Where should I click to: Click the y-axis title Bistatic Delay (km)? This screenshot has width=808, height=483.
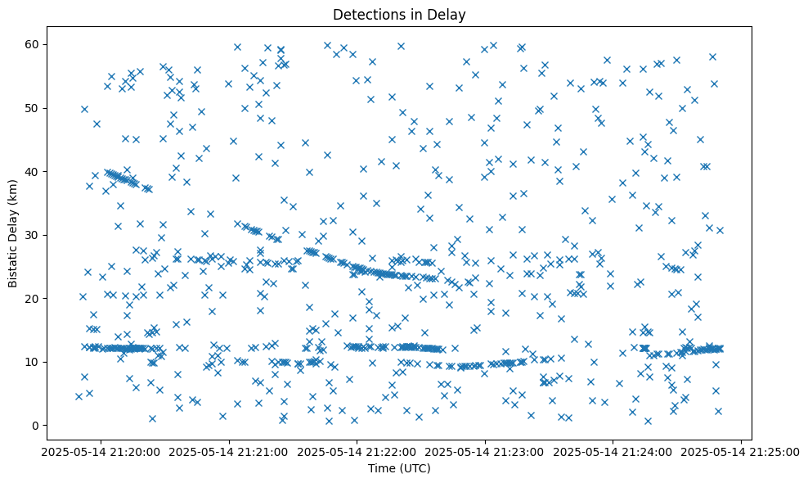point(13,232)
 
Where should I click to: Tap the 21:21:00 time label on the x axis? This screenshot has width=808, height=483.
point(229,451)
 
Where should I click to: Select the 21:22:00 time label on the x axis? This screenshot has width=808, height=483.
point(357,451)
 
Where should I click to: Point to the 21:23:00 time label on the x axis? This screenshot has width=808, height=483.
point(485,451)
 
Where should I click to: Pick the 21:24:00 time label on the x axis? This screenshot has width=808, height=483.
point(613,451)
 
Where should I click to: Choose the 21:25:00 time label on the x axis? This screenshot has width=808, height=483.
point(741,451)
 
